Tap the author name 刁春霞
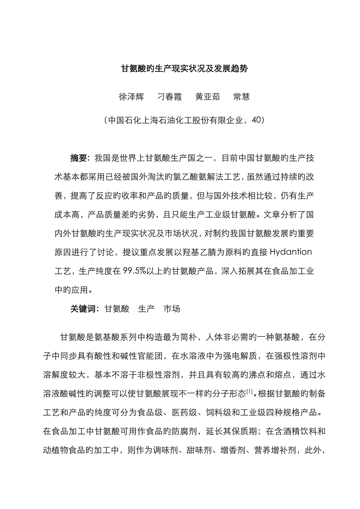[x=169, y=97]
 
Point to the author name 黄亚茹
[x=208, y=97]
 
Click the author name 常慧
[x=241, y=97]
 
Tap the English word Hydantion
[x=291, y=252]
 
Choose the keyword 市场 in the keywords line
[x=172, y=308]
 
